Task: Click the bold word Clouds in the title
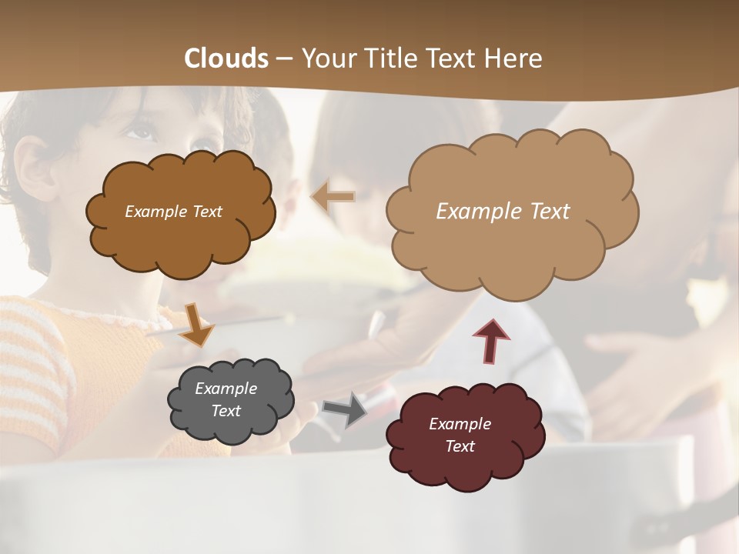point(226,58)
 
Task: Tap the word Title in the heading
point(390,58)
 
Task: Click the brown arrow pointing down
point(197,324)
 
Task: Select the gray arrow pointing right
point(345,409)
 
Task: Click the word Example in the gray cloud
point(226,389)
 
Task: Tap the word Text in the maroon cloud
point(460,446)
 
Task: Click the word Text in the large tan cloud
point(543,212)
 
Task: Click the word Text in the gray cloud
point(226,411)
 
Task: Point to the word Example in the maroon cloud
point(460,424)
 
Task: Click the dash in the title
point(285,58)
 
